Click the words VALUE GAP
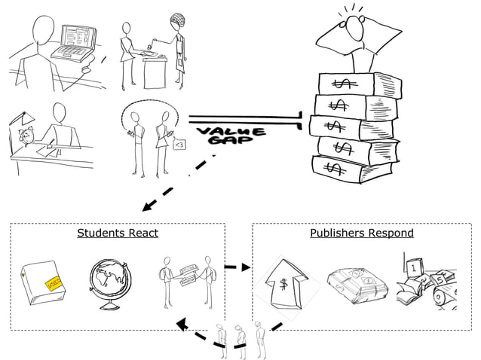point(231,137)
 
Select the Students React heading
point(118,233)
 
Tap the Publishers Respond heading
point(362,233)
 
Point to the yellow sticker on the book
point(53,284)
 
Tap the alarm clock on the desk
point(29,136)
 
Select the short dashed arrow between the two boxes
point(237,267)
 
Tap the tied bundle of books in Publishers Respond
point(352,283)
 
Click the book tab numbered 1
point(414,267)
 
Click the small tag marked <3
point(180,145)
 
